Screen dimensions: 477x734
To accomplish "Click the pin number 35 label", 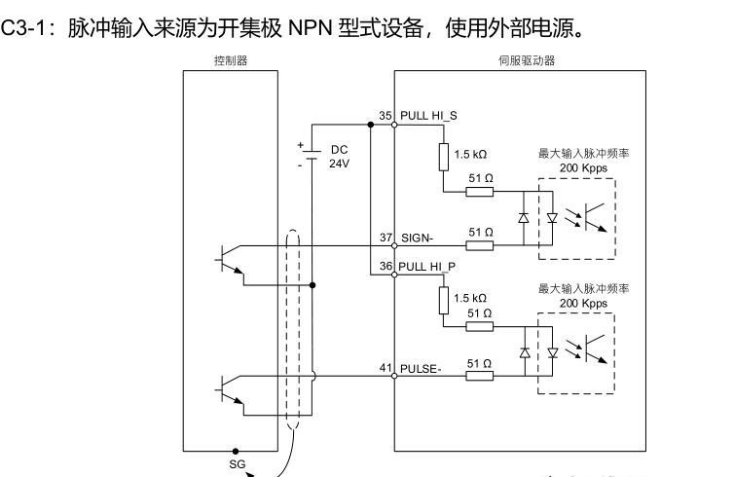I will [x=385, y=116].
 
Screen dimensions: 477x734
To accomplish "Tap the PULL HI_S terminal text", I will [x=428, y=116].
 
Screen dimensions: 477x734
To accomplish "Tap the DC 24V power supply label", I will [x=339, y=157].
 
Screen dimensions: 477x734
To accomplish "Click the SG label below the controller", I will [x=237, y=464].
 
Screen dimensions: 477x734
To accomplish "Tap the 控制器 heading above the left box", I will [x=230, y=60].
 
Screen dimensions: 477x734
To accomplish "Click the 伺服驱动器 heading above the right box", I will [x=519, y=60].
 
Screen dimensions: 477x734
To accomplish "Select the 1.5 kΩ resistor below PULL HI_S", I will [x=443, y=156].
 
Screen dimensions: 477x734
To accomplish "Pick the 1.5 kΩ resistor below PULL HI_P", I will [x=443, y=300].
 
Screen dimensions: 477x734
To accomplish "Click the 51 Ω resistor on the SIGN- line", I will [x=480, y=246].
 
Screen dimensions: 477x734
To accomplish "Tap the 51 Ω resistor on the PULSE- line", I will [x=480, y=376].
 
